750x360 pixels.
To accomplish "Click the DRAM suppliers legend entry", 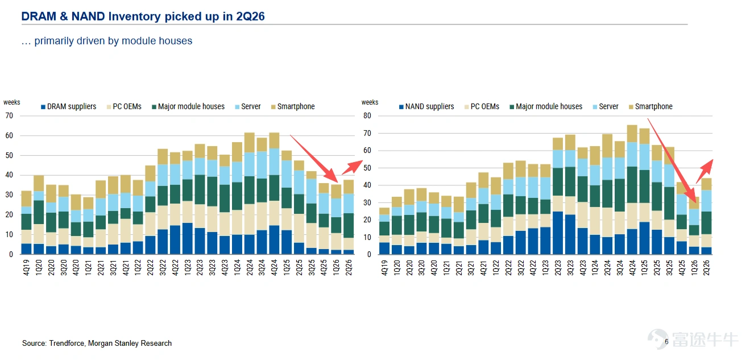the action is [x=68, y=106].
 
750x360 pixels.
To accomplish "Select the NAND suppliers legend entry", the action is [x=426, y=106].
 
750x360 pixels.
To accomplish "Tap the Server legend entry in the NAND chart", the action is [x=606, y=106].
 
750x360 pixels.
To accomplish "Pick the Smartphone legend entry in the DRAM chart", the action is [x=293, y=106].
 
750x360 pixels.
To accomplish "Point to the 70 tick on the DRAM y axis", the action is [x=9, y=116].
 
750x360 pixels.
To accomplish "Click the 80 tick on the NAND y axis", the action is [x=367, y=116].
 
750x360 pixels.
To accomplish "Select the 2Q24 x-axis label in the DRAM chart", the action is [x=250, y=267].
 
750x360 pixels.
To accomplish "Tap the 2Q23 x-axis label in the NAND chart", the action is [x=558, y=267].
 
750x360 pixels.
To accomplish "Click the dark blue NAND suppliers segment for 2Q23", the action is [x=558, y=233].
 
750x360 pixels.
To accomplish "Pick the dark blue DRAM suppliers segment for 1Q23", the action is [x=188, y=238].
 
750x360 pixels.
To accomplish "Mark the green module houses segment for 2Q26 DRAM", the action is [x=349, y=225].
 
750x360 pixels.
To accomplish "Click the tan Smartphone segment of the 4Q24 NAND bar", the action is [x=632, y=134].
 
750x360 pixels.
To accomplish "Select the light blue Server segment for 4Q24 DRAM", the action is [x=274, y=162].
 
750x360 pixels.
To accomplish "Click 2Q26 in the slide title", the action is [x=250, y=16].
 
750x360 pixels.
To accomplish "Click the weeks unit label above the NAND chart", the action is [x=370, y=102].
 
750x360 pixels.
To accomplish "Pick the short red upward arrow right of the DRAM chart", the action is [x=352, y=167].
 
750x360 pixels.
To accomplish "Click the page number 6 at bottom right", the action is [x=666, y=342].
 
